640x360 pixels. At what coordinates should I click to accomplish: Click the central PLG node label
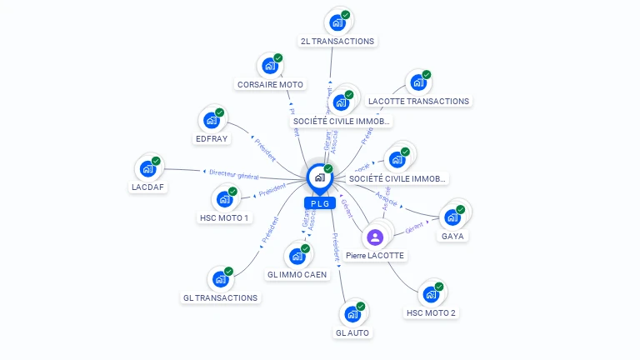coord(319,203)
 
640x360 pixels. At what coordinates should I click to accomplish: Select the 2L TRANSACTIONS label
coord(337,41)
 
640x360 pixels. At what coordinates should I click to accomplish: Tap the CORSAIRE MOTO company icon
coord(269,66)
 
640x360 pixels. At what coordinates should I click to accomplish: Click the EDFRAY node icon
coord(212,120)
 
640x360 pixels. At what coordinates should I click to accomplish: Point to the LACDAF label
coord(148,187)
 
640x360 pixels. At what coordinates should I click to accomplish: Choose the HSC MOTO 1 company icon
coord(224,199)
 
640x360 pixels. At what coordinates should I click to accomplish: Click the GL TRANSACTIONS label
coord(221,297)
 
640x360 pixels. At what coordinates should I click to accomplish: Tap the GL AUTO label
coord(352,332)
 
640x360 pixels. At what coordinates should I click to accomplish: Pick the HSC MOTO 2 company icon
coord(431,294)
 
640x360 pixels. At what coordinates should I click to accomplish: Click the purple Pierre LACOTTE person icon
coord(374,237)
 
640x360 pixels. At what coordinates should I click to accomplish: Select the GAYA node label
coord(453,236)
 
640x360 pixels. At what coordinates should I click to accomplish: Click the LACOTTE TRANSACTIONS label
coord(419,101)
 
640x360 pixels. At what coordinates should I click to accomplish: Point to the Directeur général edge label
coord(234,175)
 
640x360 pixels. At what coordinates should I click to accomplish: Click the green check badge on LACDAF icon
coord(156,161)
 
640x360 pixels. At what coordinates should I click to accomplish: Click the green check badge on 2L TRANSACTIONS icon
coord(345,15)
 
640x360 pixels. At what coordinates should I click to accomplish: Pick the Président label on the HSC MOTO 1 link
coord(272,192)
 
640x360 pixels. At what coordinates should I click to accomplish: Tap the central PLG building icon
coord(319,177)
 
